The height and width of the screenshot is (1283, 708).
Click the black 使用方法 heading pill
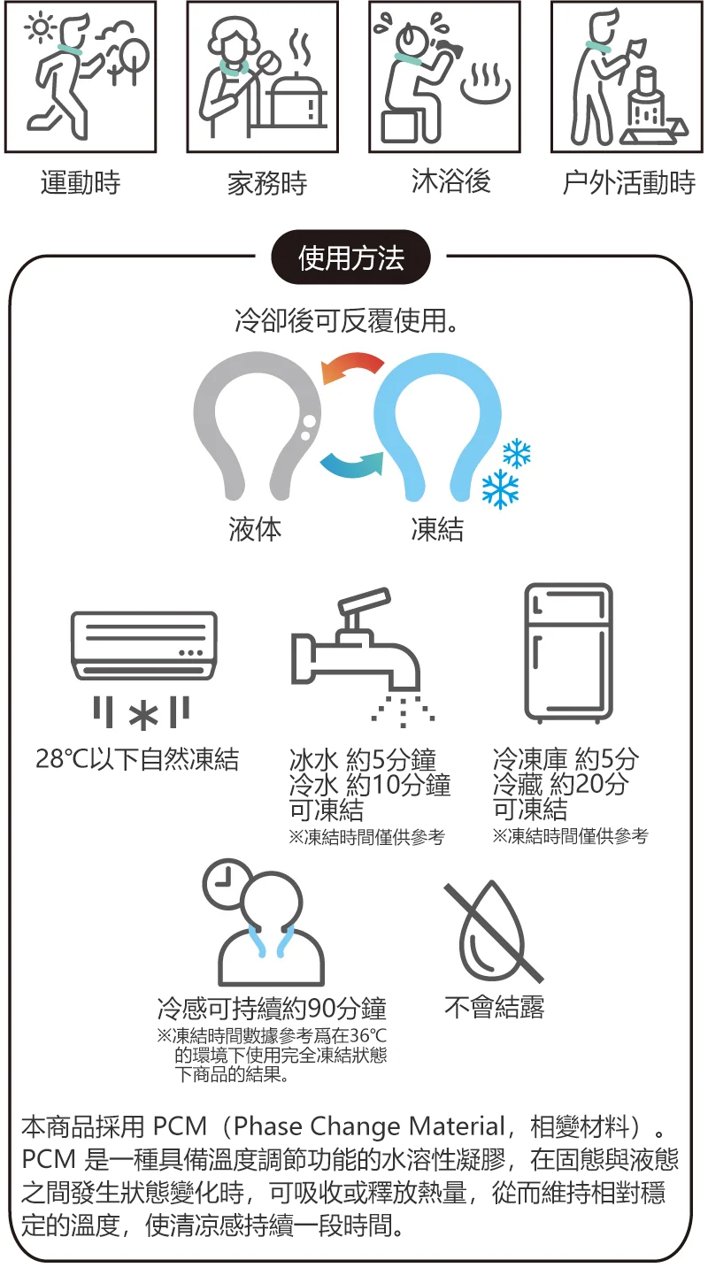[350, 257]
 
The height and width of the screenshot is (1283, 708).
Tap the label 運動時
[81, 182]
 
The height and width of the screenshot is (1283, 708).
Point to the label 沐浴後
[450, 181]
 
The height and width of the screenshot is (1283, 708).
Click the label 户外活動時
[628, 182]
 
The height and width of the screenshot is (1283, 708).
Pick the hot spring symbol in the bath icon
[485, 83]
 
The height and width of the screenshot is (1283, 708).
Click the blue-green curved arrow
[350, 463]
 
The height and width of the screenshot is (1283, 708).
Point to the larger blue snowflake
[500, 488]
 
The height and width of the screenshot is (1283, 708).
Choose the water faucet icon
[357, 656]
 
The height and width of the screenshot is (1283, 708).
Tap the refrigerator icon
[569, 653]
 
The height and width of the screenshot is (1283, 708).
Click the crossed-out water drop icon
[493, 931]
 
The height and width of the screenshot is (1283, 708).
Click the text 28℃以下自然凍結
[137, 759]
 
